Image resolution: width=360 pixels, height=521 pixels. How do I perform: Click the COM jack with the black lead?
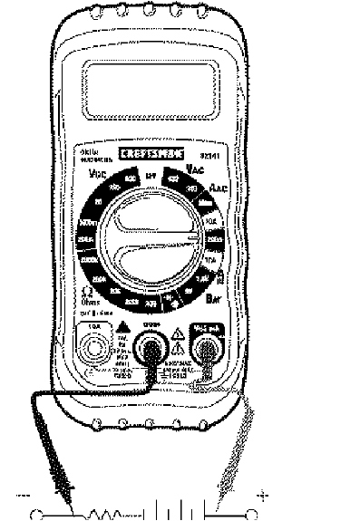tap(151, 346)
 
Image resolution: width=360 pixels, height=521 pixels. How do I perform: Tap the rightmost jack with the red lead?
tap(207, 348)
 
